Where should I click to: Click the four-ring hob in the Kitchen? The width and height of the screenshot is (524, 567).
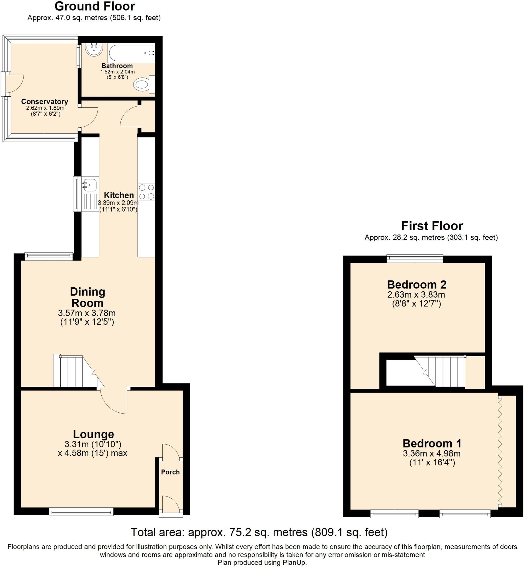coord(147,192)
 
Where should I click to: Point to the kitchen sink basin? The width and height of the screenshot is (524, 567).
coord(90,185)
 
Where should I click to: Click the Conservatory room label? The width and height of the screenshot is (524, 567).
coord(45,102)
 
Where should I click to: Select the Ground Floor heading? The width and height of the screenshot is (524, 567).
coord(94,6)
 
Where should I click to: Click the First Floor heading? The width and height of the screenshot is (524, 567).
coord(432,226)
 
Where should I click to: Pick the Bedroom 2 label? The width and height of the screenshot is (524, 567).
coord(417,284)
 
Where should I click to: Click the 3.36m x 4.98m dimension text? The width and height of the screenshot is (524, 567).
coord(431,453)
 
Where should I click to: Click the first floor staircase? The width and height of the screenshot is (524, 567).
coord(442,372)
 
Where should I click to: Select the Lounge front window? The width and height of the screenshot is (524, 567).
coord(81,511)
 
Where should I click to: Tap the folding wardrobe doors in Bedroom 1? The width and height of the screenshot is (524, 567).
coord(500,453)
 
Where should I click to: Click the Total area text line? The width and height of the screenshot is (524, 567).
coord(259,532)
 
